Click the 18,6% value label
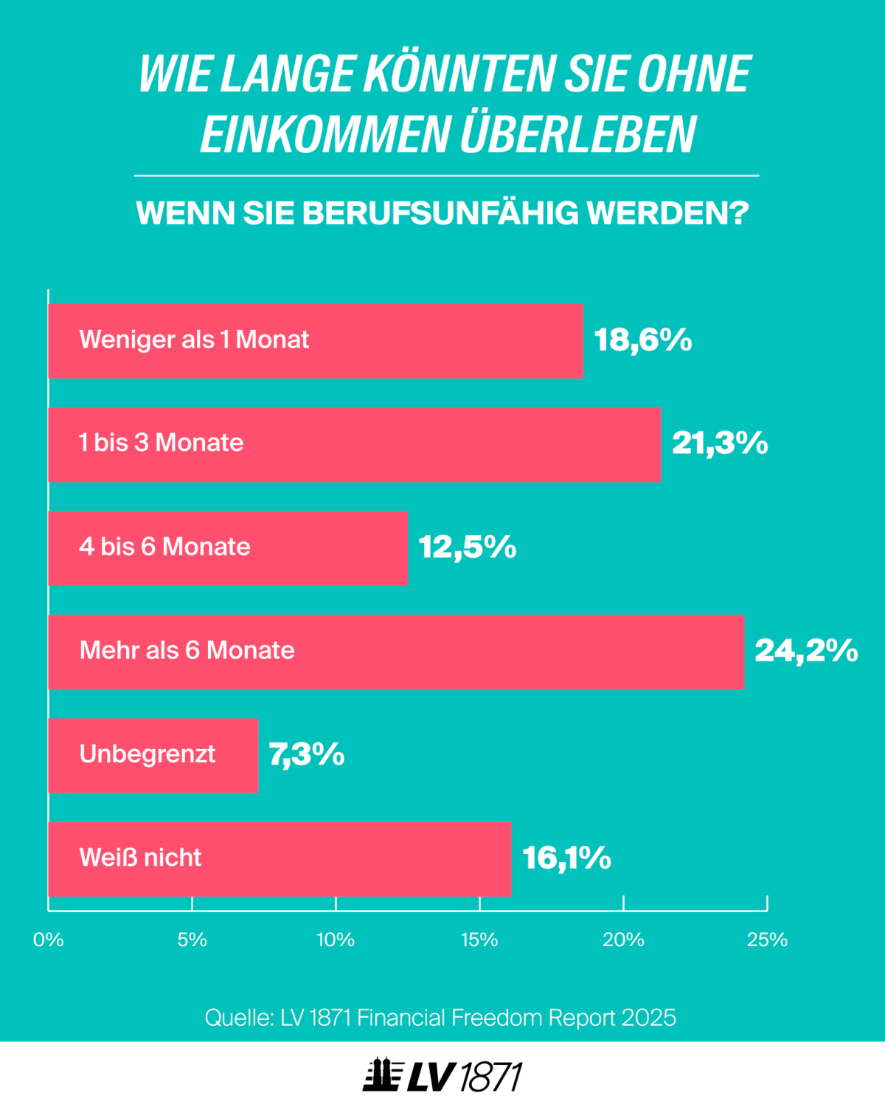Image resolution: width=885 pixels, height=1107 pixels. tap(642, 340)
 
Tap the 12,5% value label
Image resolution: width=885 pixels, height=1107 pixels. tap(467, 548)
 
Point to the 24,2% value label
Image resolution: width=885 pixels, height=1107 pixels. tap(805, 651)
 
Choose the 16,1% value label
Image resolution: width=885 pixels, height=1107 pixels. tap(566, 858)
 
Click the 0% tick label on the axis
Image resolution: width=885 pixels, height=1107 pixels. tap(49, 939)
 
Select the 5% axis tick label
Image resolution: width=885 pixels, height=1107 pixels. tap(192, 939)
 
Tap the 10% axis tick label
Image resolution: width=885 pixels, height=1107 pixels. tap(336, 939)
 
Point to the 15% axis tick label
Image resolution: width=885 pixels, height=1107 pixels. tap(479, 939)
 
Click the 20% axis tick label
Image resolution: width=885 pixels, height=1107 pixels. tap(623, 939)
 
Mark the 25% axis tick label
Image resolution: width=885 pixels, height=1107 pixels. tap(767, 939)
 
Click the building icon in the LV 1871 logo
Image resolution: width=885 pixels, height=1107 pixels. tap(382, 1076)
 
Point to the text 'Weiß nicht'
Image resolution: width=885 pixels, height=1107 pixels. tap(140, 858)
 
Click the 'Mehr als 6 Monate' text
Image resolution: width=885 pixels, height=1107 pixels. tap(187, 650)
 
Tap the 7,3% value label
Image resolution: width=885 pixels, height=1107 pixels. tap(306, 754)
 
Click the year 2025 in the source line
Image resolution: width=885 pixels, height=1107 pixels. tap(648, 1018)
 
